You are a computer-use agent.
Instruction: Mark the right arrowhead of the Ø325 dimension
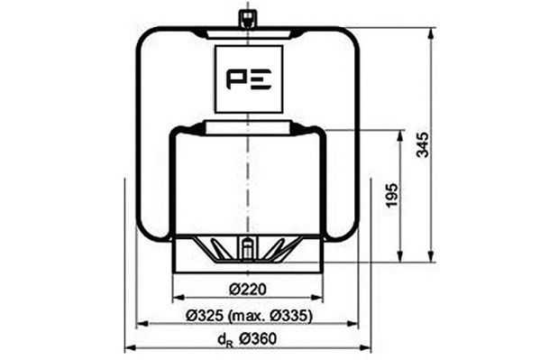pyautogui.click(x=355, y=322)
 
